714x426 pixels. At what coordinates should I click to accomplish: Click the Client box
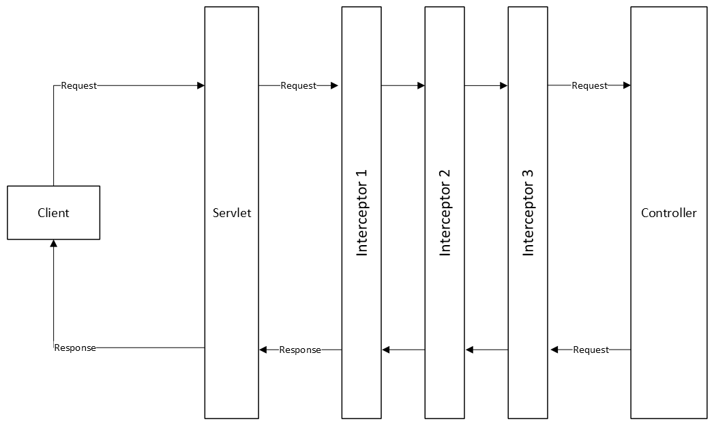[53, 212]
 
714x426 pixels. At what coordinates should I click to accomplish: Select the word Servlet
[232, 213]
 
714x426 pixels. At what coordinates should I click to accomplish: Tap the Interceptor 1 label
[362, 212]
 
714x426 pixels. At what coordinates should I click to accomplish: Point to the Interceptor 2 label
[445, 212]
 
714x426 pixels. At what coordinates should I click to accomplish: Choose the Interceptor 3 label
[529, 212]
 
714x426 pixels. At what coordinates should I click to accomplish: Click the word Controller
[668, 213]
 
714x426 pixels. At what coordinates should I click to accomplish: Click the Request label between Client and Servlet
[79, 86]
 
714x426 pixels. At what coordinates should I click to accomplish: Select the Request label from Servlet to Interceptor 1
[298, 86]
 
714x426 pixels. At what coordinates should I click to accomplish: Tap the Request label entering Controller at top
[589, 86]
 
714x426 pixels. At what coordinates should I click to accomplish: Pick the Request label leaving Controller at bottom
[591, 350]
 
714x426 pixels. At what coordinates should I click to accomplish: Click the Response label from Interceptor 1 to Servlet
[300, 350]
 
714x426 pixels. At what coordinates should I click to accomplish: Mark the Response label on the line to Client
[75, 347]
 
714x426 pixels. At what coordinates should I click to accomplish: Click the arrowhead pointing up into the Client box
[53, 244]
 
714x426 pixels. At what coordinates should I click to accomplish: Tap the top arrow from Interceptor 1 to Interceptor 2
[403, 86]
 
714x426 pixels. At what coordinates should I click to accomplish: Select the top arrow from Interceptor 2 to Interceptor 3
[486, 86]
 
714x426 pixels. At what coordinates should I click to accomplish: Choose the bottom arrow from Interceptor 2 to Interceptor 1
[403, 350]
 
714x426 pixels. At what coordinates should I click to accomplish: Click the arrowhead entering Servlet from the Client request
[200, 86]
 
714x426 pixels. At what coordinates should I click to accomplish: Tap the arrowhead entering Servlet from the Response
[263, 350]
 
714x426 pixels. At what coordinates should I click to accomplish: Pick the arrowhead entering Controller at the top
[626, 86]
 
